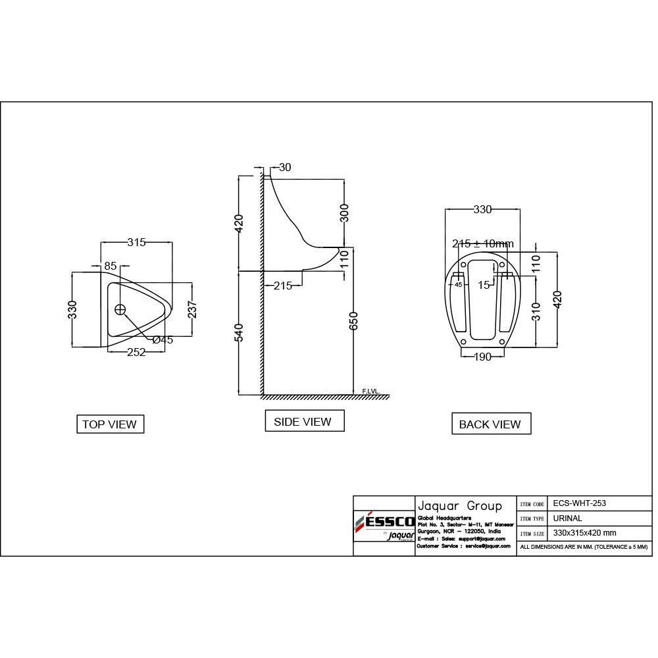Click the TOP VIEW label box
110,424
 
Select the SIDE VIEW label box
304,422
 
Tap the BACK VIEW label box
490,424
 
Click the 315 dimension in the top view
136,242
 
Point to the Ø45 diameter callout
162,340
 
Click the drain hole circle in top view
120,309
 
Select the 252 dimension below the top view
136,352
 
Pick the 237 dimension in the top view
192,309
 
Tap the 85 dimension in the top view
111,266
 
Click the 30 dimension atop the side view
285,168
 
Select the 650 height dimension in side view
355,322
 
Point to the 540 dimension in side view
239,332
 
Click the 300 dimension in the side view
344,213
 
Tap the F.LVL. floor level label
371,391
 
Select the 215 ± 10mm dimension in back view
482,243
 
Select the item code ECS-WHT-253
579,503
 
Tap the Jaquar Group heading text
459,505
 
